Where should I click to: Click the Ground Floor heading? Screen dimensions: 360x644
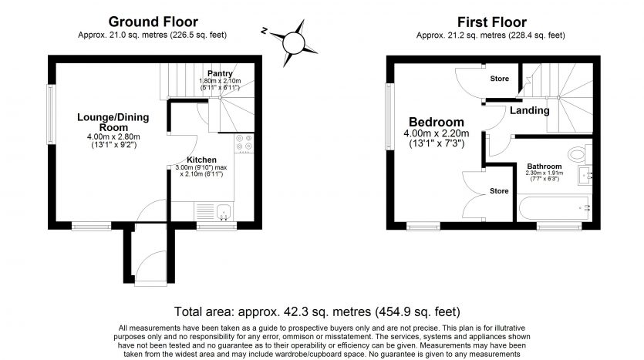click(x=153, y=22)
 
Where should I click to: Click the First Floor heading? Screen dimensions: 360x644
click(x=491, y=22)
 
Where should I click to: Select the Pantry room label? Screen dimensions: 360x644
click(x=220, y=73)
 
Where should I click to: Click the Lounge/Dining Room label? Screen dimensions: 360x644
click(x=113, y=122)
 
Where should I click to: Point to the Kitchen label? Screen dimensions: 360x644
click(x=201, y=160)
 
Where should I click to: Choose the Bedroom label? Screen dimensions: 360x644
click(x=436, y=123)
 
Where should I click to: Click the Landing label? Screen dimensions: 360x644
click(x=529, y=110)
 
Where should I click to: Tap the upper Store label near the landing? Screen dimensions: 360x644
click(x=500, y=79)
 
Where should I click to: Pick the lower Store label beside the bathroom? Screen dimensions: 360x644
click(x=500, y=190)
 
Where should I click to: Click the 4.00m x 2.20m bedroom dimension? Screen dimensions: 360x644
click(x=436, y=134)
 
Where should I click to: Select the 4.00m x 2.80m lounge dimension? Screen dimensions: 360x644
click(x=113, y=137)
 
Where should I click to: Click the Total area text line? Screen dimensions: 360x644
click(x=317, y=312)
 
